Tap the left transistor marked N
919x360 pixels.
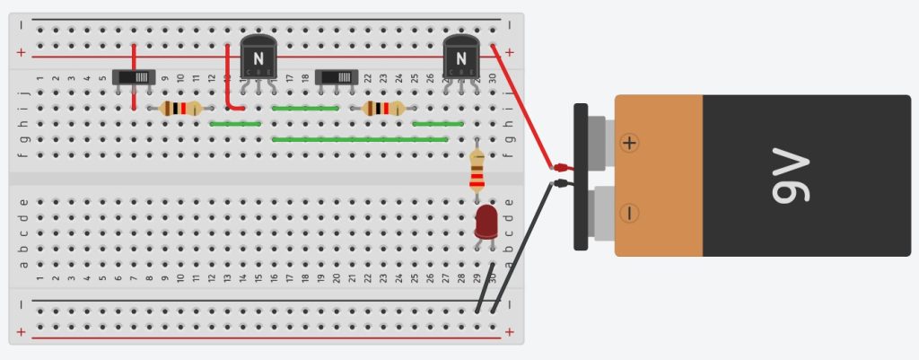(258, 59)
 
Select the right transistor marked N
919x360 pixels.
(461, 59)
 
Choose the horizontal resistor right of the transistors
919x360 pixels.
(384, 109)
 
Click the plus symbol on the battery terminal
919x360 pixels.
(630, 143)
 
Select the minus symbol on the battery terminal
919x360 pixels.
(630, 213)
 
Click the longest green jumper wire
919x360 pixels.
(359, 139)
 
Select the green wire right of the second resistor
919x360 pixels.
(438, 124)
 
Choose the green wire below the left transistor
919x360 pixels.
(235, 124)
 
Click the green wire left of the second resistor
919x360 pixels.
(305, 109)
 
